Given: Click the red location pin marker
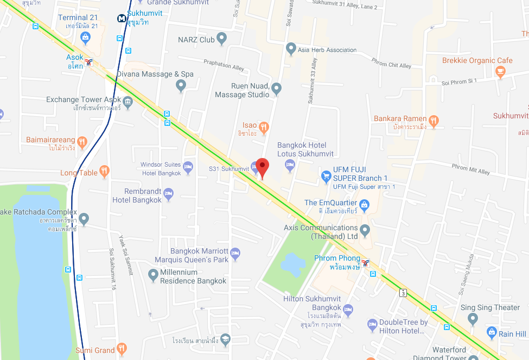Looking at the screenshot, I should click(x=263, y=167).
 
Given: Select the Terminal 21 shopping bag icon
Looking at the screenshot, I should click(x=85, y=37).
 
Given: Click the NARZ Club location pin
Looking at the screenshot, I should click(x=221, y=39).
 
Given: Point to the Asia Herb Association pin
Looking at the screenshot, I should click(x=291, y=49).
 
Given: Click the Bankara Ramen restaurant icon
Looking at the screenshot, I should click(x=434, y=120).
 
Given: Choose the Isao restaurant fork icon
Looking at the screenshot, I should click(x=264, y=128).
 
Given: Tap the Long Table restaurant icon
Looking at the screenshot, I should click(x=104, y=173).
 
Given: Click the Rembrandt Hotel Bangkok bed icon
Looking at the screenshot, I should click(x=169, y=193).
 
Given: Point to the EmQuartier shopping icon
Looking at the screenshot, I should click(x=364, y=205).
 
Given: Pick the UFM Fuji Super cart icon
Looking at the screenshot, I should click(x=326, y=176).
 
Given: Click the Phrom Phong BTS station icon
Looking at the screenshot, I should click(x=366, y=263).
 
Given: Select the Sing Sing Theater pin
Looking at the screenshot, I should click(x=473, y=318).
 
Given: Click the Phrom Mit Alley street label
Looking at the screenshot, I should click(x=470, y=169).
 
